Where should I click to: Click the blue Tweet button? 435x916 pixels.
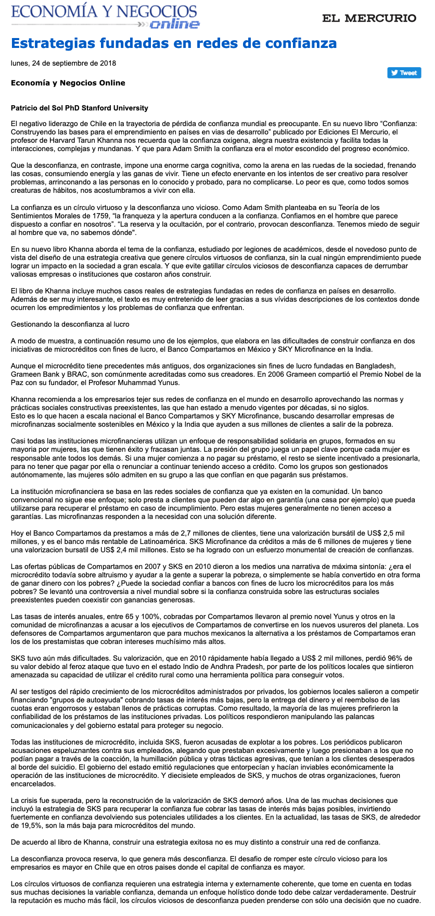pyautogui.click(x=404, y=73)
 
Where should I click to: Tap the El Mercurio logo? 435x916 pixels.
pyautogui.click(x=369, y=18)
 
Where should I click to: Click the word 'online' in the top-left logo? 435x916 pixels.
pyautogui.click(x=174, y=24)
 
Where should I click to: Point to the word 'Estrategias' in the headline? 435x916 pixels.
pyautogui.click(x=51, y=43)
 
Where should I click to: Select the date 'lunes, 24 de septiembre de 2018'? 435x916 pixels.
pyautogui.click(x=63, y=64)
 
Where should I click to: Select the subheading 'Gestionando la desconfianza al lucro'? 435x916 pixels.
pyautogui.click(x=70, y=324)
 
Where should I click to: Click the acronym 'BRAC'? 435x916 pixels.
pyautogui.click(x=72, y=374)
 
